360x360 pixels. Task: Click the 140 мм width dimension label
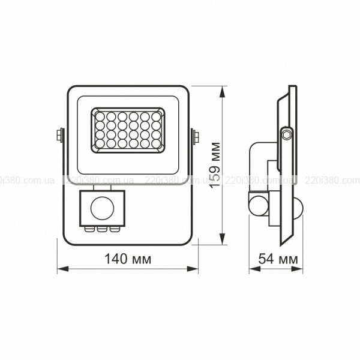(128, 259)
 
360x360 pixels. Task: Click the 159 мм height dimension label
(215, 165)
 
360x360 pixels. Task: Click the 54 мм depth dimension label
(278, 259)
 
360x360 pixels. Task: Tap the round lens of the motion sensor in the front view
(102, 208)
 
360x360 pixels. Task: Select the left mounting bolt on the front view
(59, 136)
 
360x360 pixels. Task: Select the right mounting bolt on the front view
(196, 137)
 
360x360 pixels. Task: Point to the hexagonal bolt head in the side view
(287, 134)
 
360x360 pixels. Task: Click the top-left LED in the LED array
(100, 116)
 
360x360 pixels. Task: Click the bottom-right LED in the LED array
(156, 143)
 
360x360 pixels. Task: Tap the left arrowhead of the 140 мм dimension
(62, 269)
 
